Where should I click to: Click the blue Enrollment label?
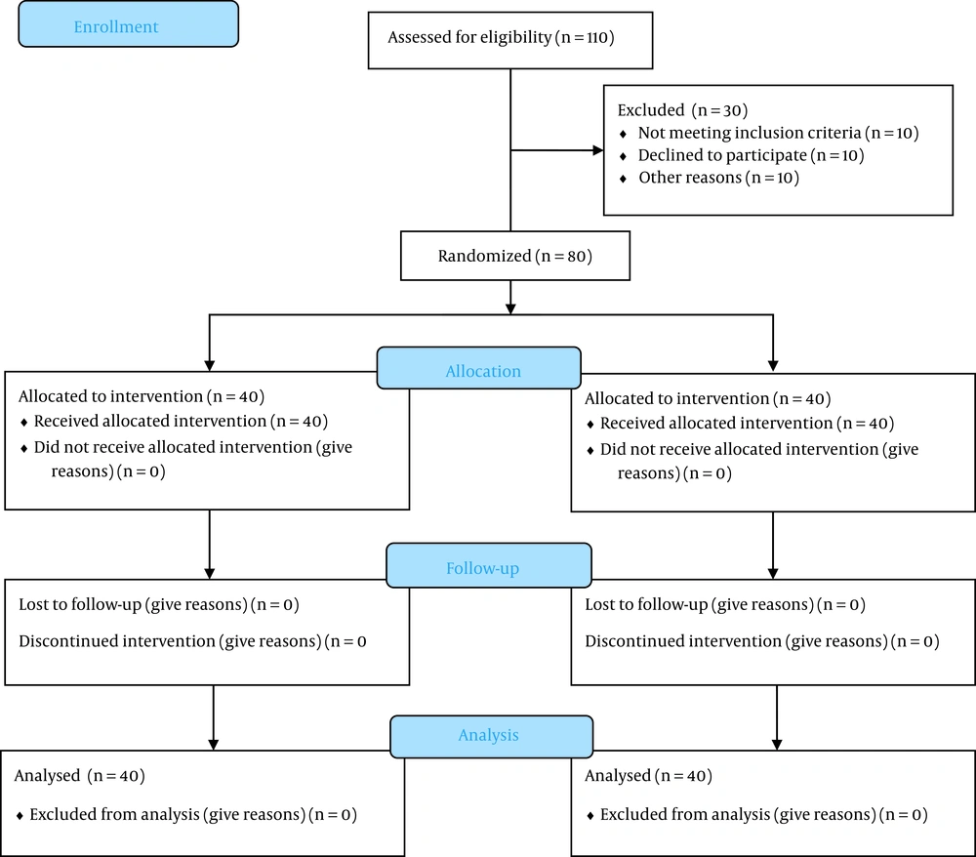tap(128, 26)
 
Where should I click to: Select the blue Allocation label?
tap(483, 371)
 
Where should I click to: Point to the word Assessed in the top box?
tap(418, 38)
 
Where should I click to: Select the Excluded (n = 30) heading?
tap(682, 110)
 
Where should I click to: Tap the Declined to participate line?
tap(722, 155)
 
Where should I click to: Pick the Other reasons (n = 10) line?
tap(718, 178)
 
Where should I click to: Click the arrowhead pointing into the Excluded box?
tap(597, 150)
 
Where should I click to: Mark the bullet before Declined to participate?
tap(624, 156)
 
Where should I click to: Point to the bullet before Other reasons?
tap(624, 179)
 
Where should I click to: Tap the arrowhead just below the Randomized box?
tap(510, 307)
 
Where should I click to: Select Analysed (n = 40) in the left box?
tap(79, 777)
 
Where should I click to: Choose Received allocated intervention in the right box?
tap(715, 424)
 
